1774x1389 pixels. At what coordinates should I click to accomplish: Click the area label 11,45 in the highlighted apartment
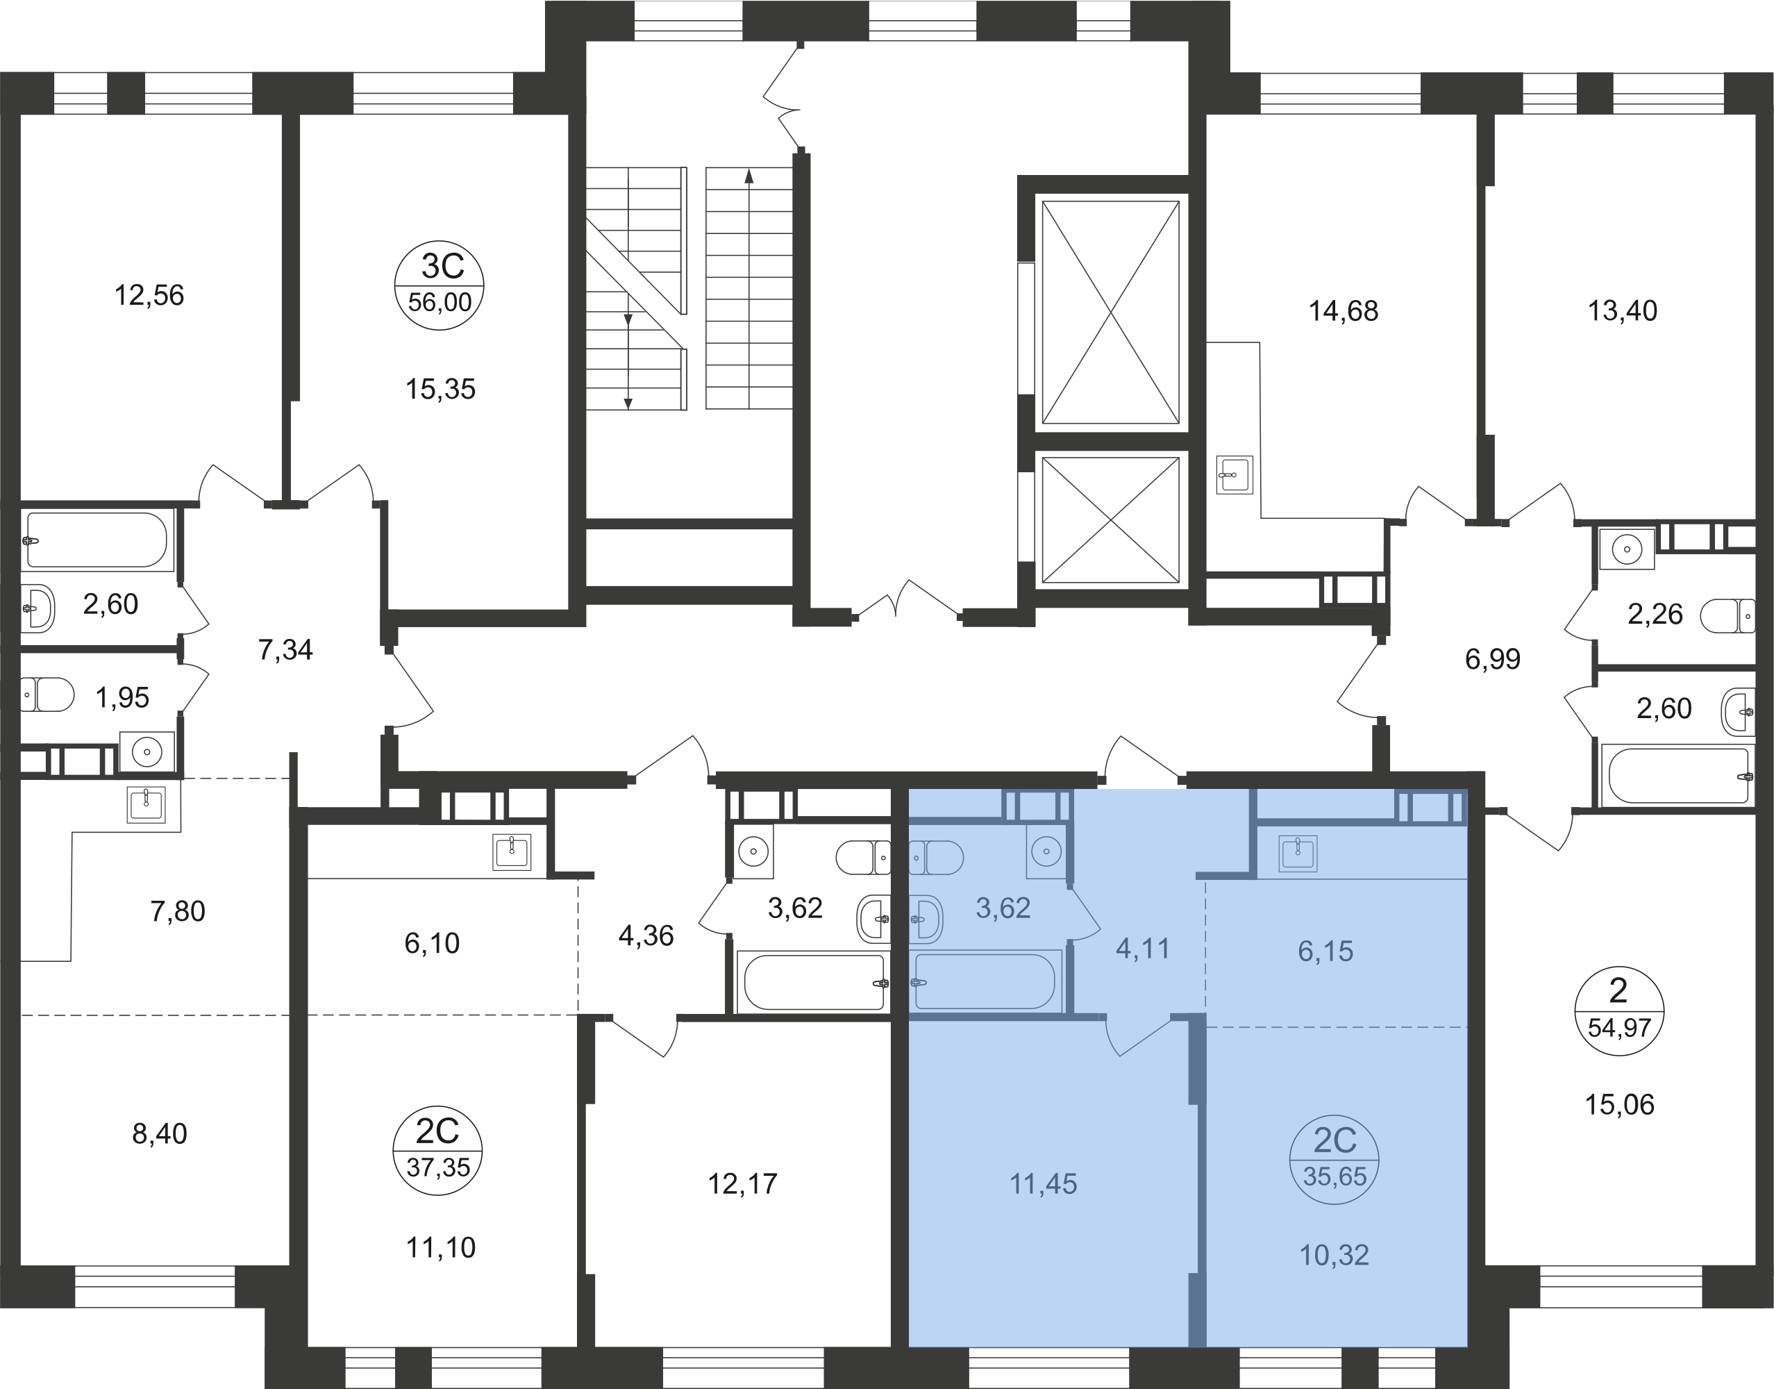pyautogui.click(x=1043, y=1184)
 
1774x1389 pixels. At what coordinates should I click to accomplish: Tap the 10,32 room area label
pyautogui.click(x=1334, y=1255)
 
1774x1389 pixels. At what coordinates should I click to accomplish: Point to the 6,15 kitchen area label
pyautogui.click(x=1325, y=951)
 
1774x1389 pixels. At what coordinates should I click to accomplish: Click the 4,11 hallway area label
pyautogui.click(x=1142, y=948)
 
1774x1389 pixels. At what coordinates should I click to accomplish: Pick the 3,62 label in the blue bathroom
pyautogui.click(x=1003, y=908)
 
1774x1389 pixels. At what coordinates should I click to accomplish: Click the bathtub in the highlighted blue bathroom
pyautogui.click(x=985, y=981)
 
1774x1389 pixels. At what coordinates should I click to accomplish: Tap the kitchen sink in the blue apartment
pyautogui.click(x=1298, y=853)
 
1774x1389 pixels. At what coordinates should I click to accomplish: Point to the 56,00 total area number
pyautogui.click(x=440, y=303)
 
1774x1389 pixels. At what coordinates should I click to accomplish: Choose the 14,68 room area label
pyautogui.click(x=1343, y=311)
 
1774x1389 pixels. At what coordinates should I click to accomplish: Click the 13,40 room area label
pyautogui.click(x=1622, y=310)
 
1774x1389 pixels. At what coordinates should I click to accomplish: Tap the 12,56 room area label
pyautogui.click(x=149, y=295)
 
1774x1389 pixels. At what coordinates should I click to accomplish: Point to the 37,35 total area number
pyautogui.click(x=438, y=1167)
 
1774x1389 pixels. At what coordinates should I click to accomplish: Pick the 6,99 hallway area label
pyautogui.click(x=1492, y=658)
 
